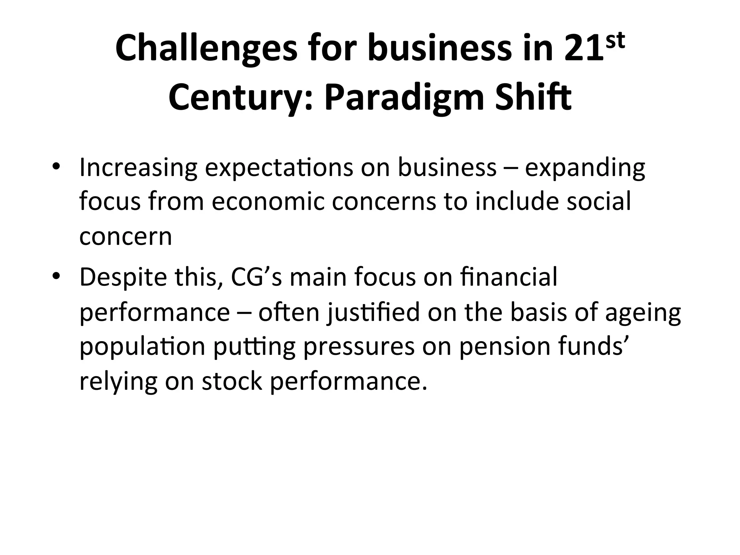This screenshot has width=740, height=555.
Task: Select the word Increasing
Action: coord(138,168)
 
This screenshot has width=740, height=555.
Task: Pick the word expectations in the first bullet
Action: coord(279,168)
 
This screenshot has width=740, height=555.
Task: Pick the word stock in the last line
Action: coord(232,382)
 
